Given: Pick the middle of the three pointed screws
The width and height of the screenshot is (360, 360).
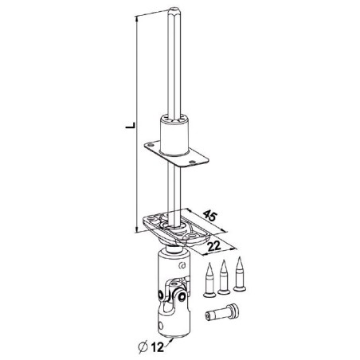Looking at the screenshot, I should point(225,275).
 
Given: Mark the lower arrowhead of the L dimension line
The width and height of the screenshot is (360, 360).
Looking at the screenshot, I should point(138,237).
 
